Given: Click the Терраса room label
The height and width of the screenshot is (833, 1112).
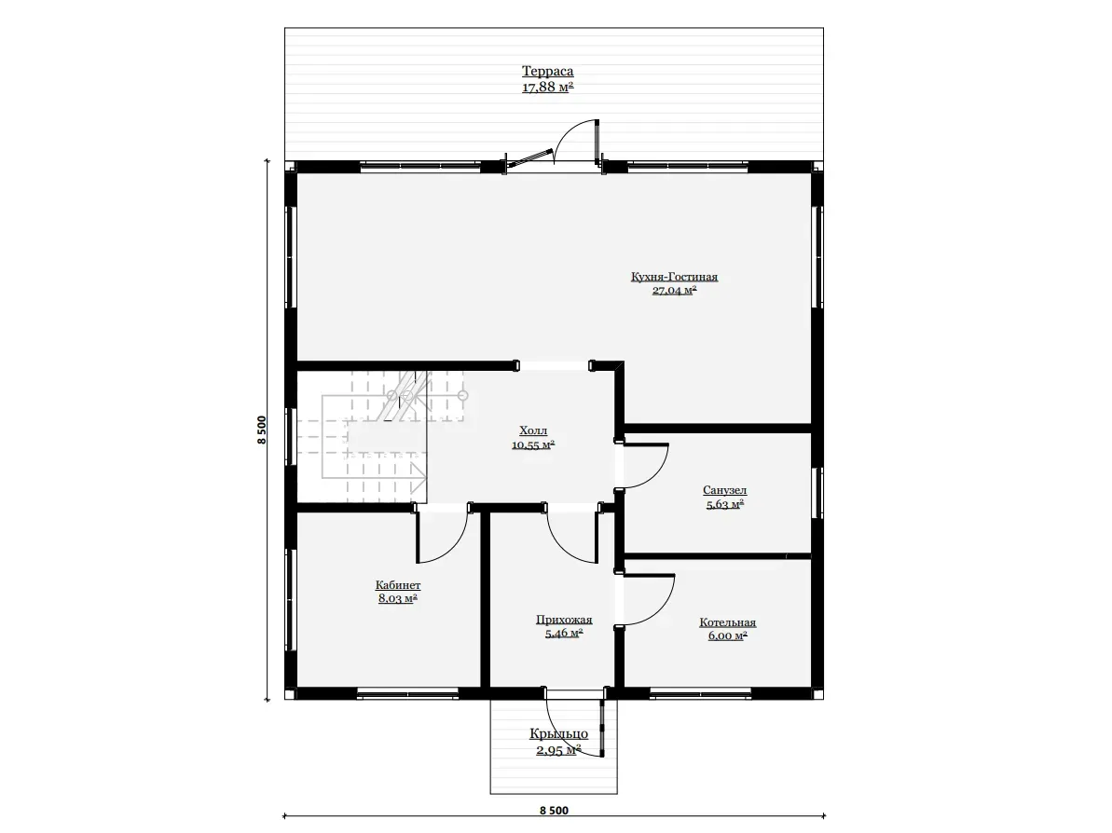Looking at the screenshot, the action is [x=547, y=71].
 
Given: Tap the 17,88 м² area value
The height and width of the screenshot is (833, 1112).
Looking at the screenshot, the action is [x=547, y=88].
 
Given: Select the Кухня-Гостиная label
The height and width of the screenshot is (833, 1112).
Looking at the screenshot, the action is [x=675, y=277].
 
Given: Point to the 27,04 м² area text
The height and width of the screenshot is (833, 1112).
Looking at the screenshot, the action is [x=675, y=290].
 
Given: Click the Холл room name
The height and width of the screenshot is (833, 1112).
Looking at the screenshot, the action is [x=533, y=430].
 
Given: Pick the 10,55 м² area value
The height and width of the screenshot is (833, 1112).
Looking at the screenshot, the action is [x=533, y=445].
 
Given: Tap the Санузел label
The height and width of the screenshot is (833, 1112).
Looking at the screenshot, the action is [x=725, y=490].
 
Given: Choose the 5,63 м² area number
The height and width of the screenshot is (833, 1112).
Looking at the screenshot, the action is [x=725, y=505].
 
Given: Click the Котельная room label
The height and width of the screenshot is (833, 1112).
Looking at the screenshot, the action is [x=728, y=622].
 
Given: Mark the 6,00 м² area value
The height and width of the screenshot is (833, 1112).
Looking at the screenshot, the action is [x=728, y=635].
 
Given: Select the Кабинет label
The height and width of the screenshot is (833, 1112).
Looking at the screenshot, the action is [x=398, y=585].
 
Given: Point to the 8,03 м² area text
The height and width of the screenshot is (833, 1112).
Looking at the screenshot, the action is [x=398, y=598].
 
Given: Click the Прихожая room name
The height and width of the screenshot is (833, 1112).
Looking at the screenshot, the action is [x=564, y=620].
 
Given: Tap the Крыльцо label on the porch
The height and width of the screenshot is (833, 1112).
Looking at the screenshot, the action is [x=559, y=733].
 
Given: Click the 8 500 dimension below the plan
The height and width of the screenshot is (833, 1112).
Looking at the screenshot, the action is [x=554, y=811].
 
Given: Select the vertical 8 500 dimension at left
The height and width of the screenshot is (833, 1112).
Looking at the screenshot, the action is [x=263, y=430].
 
